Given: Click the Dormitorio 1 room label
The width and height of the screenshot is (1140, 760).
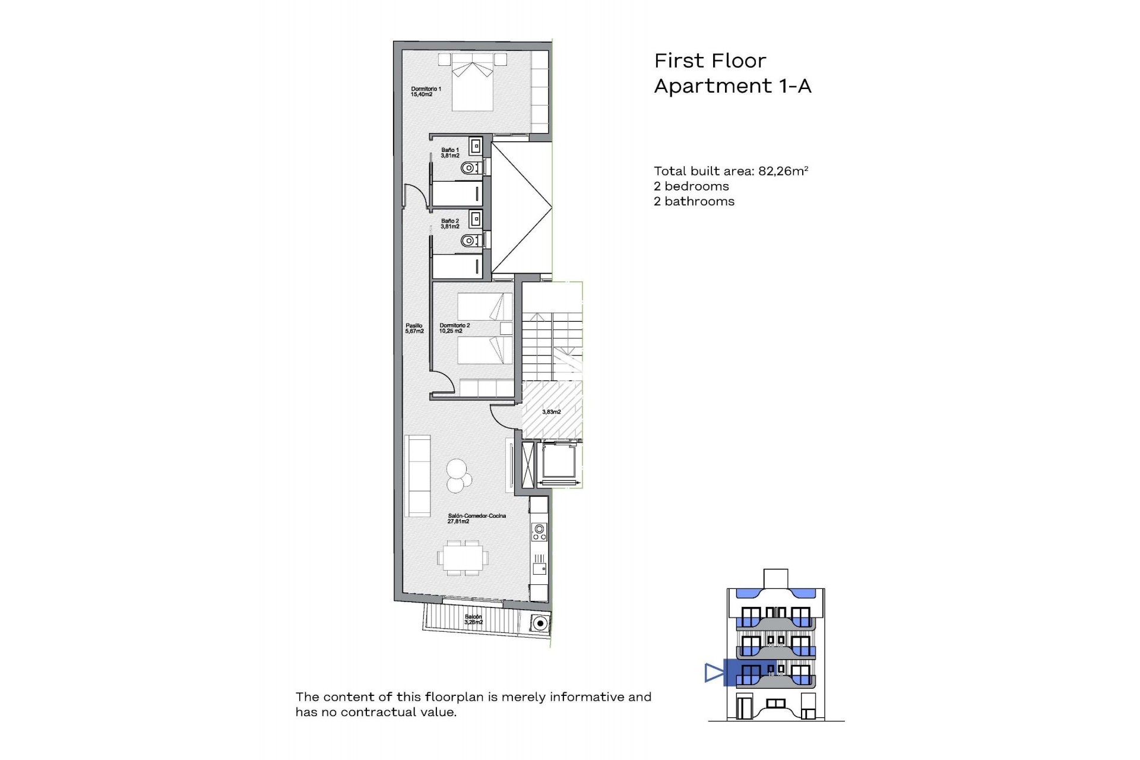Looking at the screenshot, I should coord(426,91).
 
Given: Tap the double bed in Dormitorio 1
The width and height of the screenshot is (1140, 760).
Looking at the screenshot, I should coord(473,87).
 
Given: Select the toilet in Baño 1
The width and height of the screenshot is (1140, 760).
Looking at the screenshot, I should coord(470,168).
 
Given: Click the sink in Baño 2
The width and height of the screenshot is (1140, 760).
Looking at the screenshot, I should coord(475,220).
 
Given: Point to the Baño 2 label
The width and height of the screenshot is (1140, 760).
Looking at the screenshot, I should coord(450,224).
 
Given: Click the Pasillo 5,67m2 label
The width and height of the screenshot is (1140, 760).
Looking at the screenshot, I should coord(414,328).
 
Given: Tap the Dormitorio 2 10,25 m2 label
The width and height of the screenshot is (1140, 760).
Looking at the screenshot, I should coord(454,328).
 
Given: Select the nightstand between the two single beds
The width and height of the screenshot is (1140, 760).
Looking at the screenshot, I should coord(506,328).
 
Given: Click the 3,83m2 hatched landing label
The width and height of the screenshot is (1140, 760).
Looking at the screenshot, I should coord(551,411).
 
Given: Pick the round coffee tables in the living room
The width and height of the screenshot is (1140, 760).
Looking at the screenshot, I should coord(458,476).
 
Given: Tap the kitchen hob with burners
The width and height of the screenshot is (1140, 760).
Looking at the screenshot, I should coord(539,531).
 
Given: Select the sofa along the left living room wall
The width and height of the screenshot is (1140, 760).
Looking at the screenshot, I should coord(417,476).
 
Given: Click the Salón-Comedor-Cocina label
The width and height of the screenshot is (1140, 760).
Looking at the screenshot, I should coord(477,518).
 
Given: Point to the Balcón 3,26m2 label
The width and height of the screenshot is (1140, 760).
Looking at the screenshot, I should coord(473,619).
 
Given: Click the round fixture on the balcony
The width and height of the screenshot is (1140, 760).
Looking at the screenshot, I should coord(540,623).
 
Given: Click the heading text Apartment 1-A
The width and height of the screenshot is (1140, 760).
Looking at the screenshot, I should coord(732,86).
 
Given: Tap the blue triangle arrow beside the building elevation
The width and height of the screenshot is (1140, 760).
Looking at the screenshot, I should coord(713,673).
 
